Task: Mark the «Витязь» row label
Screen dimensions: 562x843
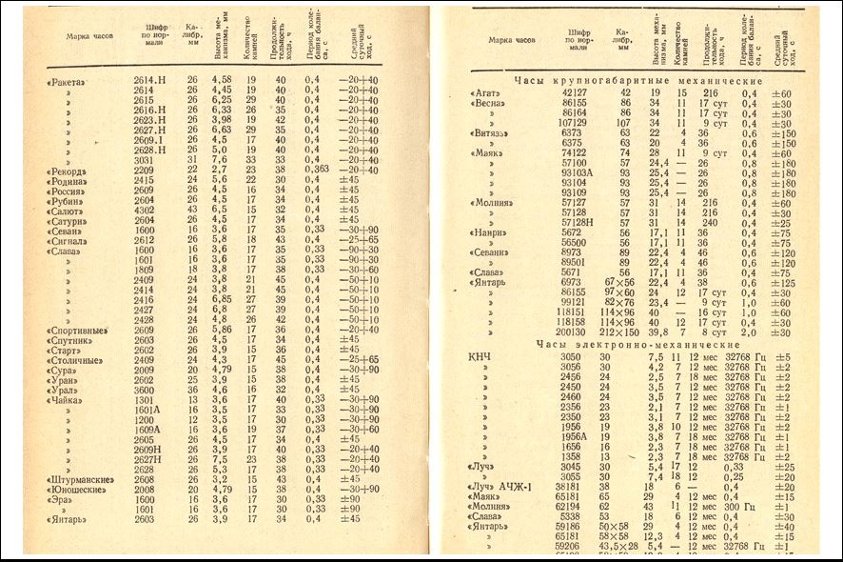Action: point(492,133)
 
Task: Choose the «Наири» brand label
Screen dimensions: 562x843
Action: point(490,232)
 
